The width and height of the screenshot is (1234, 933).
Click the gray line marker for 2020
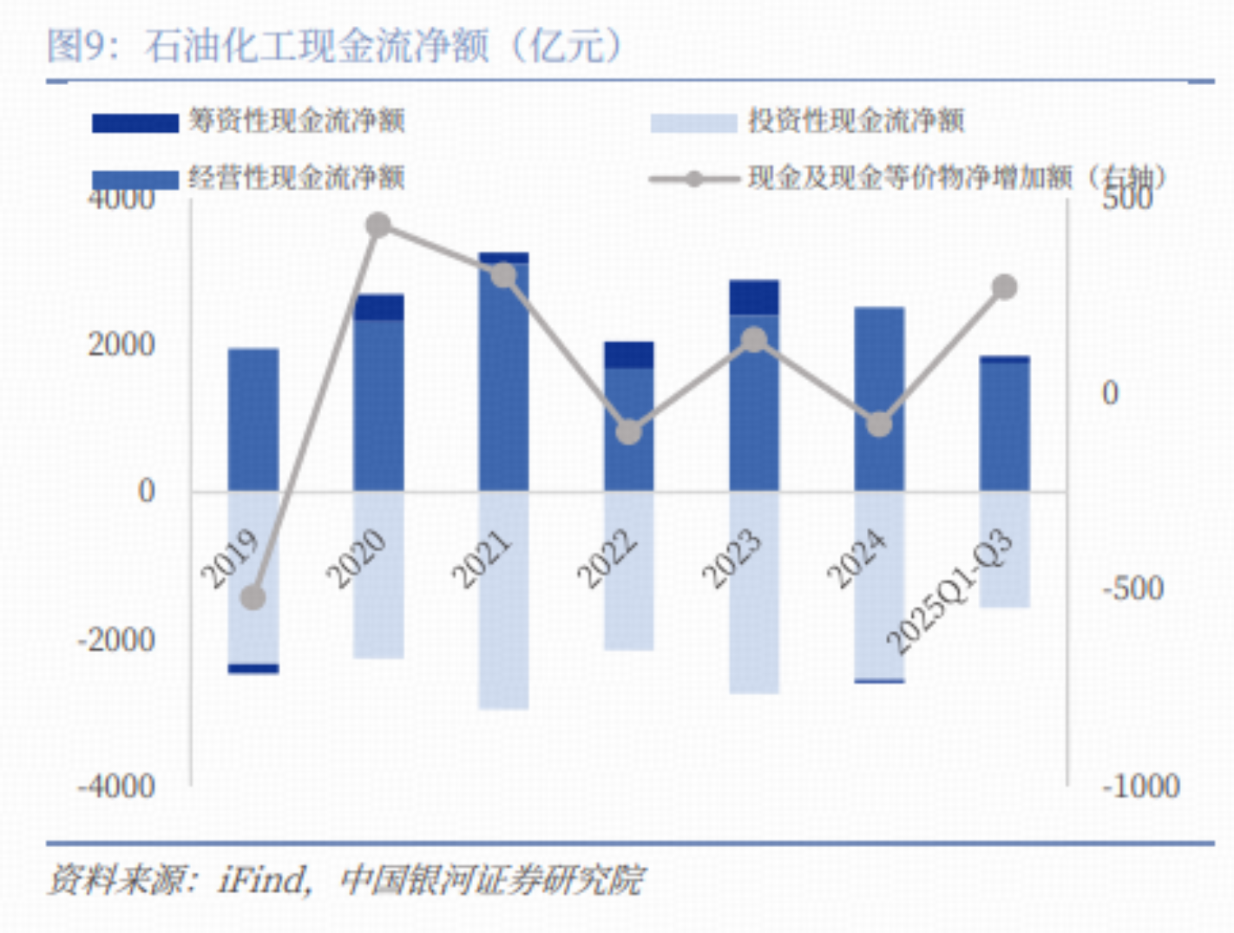click(x=378, y=226)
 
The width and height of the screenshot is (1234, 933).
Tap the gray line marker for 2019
click(x=253, y=597)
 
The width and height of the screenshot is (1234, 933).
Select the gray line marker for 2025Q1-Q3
click(x=1004, y=287)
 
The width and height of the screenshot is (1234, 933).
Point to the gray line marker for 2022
click(x=628, y=431)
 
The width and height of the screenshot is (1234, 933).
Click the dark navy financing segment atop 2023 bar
click(x=753, y=297)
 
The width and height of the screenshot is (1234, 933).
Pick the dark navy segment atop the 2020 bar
click(x=378, y=307)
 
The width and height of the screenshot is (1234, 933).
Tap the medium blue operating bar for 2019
click(x=253, y=420)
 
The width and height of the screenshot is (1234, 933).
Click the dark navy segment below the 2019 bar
click(x=253, y=668)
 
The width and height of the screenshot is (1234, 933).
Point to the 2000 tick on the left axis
click(x=121, y=345)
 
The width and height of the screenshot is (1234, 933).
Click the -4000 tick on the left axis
click(x=116, y=786)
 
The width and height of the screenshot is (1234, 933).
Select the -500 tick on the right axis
click(x=1132, y=588)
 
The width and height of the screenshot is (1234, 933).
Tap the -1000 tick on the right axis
click(x=1140, y=786)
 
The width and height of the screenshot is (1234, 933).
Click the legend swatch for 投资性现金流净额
click(x=693, y=122)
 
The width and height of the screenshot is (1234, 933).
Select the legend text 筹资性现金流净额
click(x=297, y=121)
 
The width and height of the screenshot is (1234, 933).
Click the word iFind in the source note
click(x=263, y=879)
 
